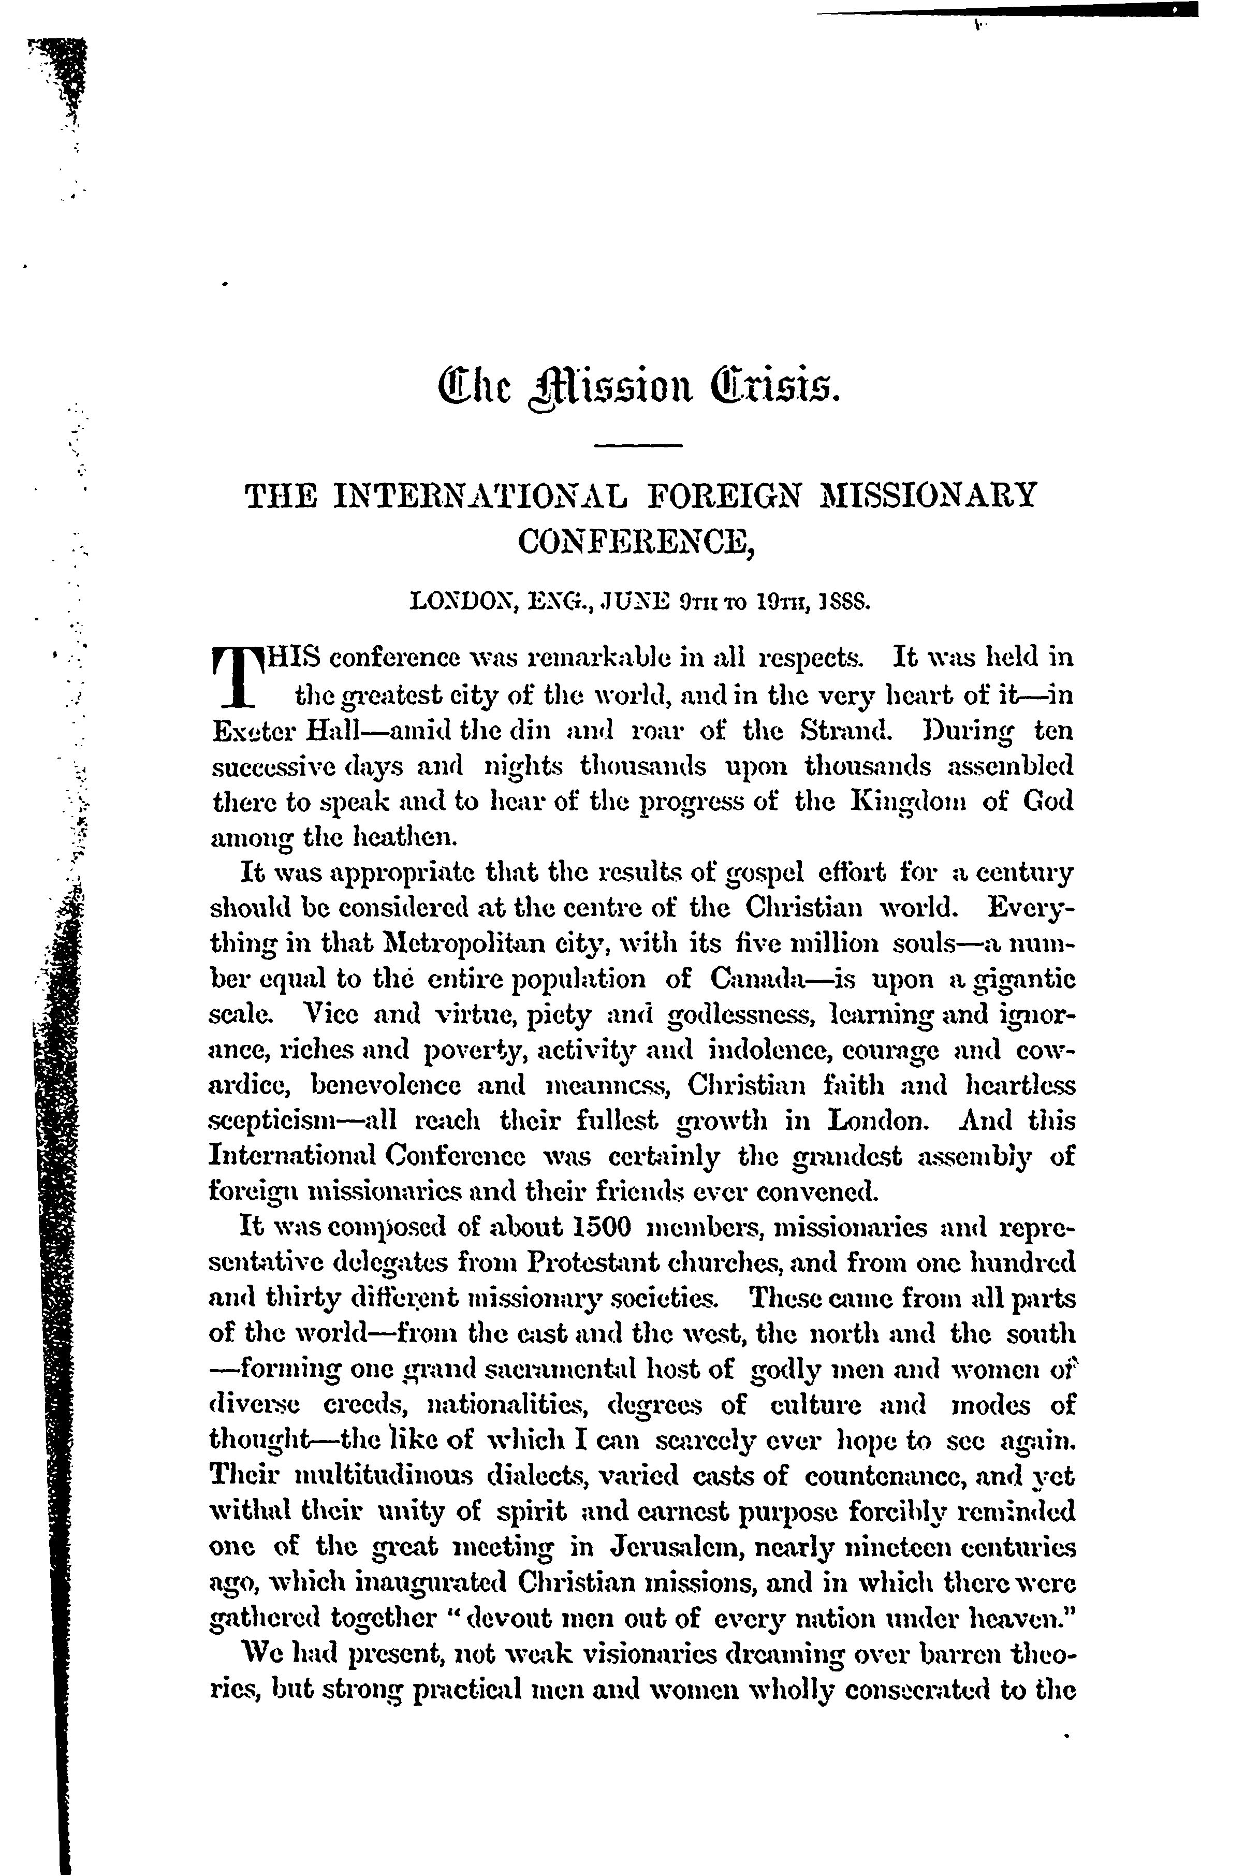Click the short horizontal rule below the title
pyautogui.click(x=641, y=445)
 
